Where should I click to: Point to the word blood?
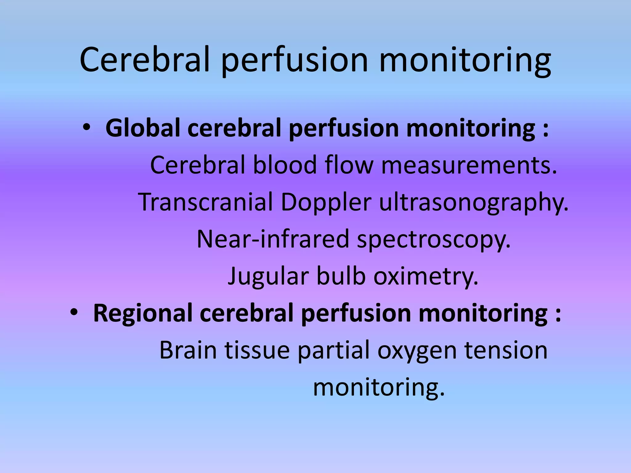click(285, 165)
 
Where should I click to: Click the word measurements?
click(469, 165)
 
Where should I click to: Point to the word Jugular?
click(268, 277)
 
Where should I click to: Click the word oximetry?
click(426, 277)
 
